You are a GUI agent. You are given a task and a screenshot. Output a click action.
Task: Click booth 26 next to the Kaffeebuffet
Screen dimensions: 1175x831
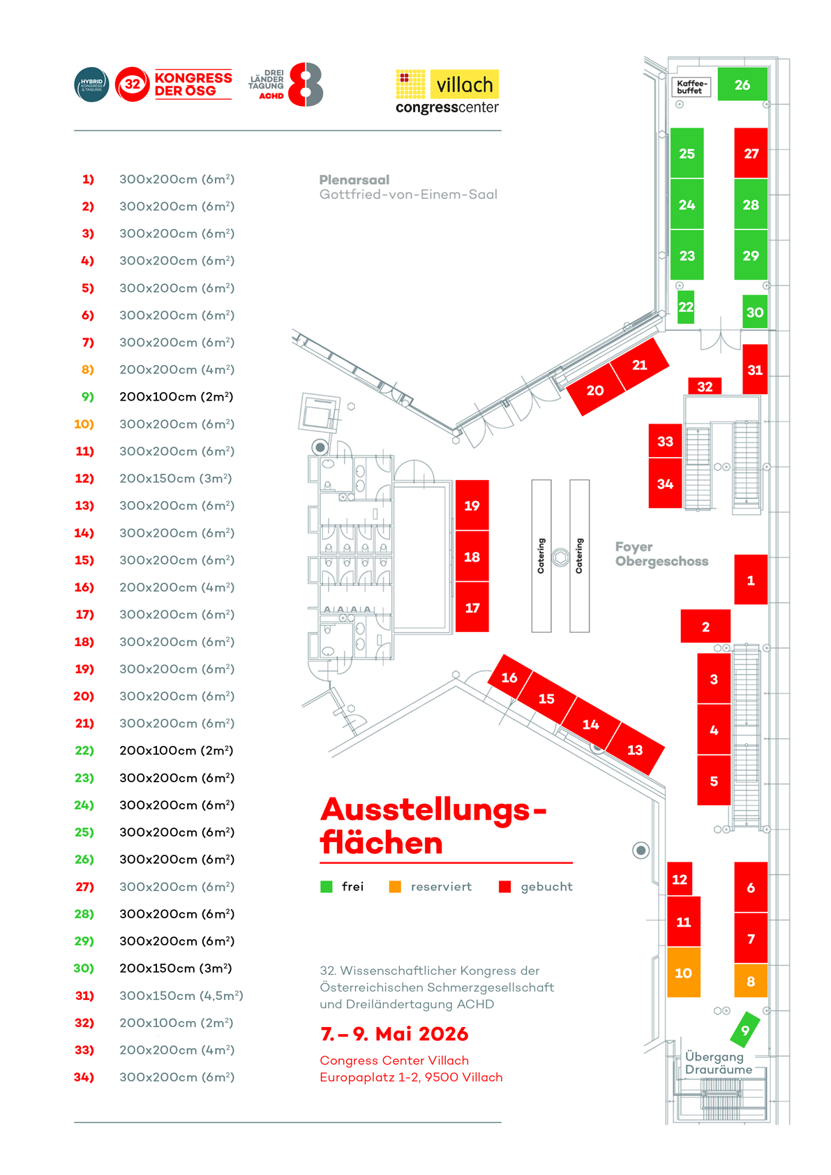[x=742, y=84]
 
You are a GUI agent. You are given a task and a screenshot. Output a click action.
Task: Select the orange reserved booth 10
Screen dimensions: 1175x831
[x=683, y=972]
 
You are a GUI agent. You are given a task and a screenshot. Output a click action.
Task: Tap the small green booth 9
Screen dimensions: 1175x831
[x=744, y=1030]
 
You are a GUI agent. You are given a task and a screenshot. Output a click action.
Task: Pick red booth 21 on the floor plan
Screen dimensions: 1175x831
[x=639, y=365]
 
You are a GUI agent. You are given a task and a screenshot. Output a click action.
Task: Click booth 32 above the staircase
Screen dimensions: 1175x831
[x=705, y=387]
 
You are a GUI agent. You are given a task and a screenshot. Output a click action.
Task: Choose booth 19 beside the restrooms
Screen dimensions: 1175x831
[x=472, y=505]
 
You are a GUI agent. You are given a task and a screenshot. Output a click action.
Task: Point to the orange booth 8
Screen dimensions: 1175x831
[x=751, y=981]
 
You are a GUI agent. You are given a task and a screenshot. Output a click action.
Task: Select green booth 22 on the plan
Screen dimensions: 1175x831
[x=686, y=307]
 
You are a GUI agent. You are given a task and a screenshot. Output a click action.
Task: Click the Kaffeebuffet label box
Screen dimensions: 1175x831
[x=691, y=87]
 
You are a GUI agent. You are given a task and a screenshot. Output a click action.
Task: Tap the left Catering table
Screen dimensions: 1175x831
[x=541, y=556]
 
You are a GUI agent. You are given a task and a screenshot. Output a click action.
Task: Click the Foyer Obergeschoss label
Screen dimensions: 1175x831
[x=661, y=554]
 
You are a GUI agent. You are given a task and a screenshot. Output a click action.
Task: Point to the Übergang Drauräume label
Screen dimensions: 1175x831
[x=718, y=1063]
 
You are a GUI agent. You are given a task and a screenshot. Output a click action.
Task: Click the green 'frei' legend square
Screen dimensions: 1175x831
[x=326, y=887]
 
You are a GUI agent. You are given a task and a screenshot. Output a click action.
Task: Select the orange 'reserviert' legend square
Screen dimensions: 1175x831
[x=395, y=887]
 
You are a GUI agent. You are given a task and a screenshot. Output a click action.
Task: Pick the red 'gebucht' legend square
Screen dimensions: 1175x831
[x=505, y=887]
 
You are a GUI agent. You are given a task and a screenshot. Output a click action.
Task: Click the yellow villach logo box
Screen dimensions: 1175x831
[x=464, y=84]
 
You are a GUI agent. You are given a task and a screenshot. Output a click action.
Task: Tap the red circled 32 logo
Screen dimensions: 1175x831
[x=132, y=84]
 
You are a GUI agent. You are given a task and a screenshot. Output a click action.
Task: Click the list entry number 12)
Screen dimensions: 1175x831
[x=84, y=479]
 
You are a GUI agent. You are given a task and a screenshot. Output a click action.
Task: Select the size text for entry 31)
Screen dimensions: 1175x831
[x=181, y=996]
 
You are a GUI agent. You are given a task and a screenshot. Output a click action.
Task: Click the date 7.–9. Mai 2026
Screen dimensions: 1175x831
[x=394, y=1033]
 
